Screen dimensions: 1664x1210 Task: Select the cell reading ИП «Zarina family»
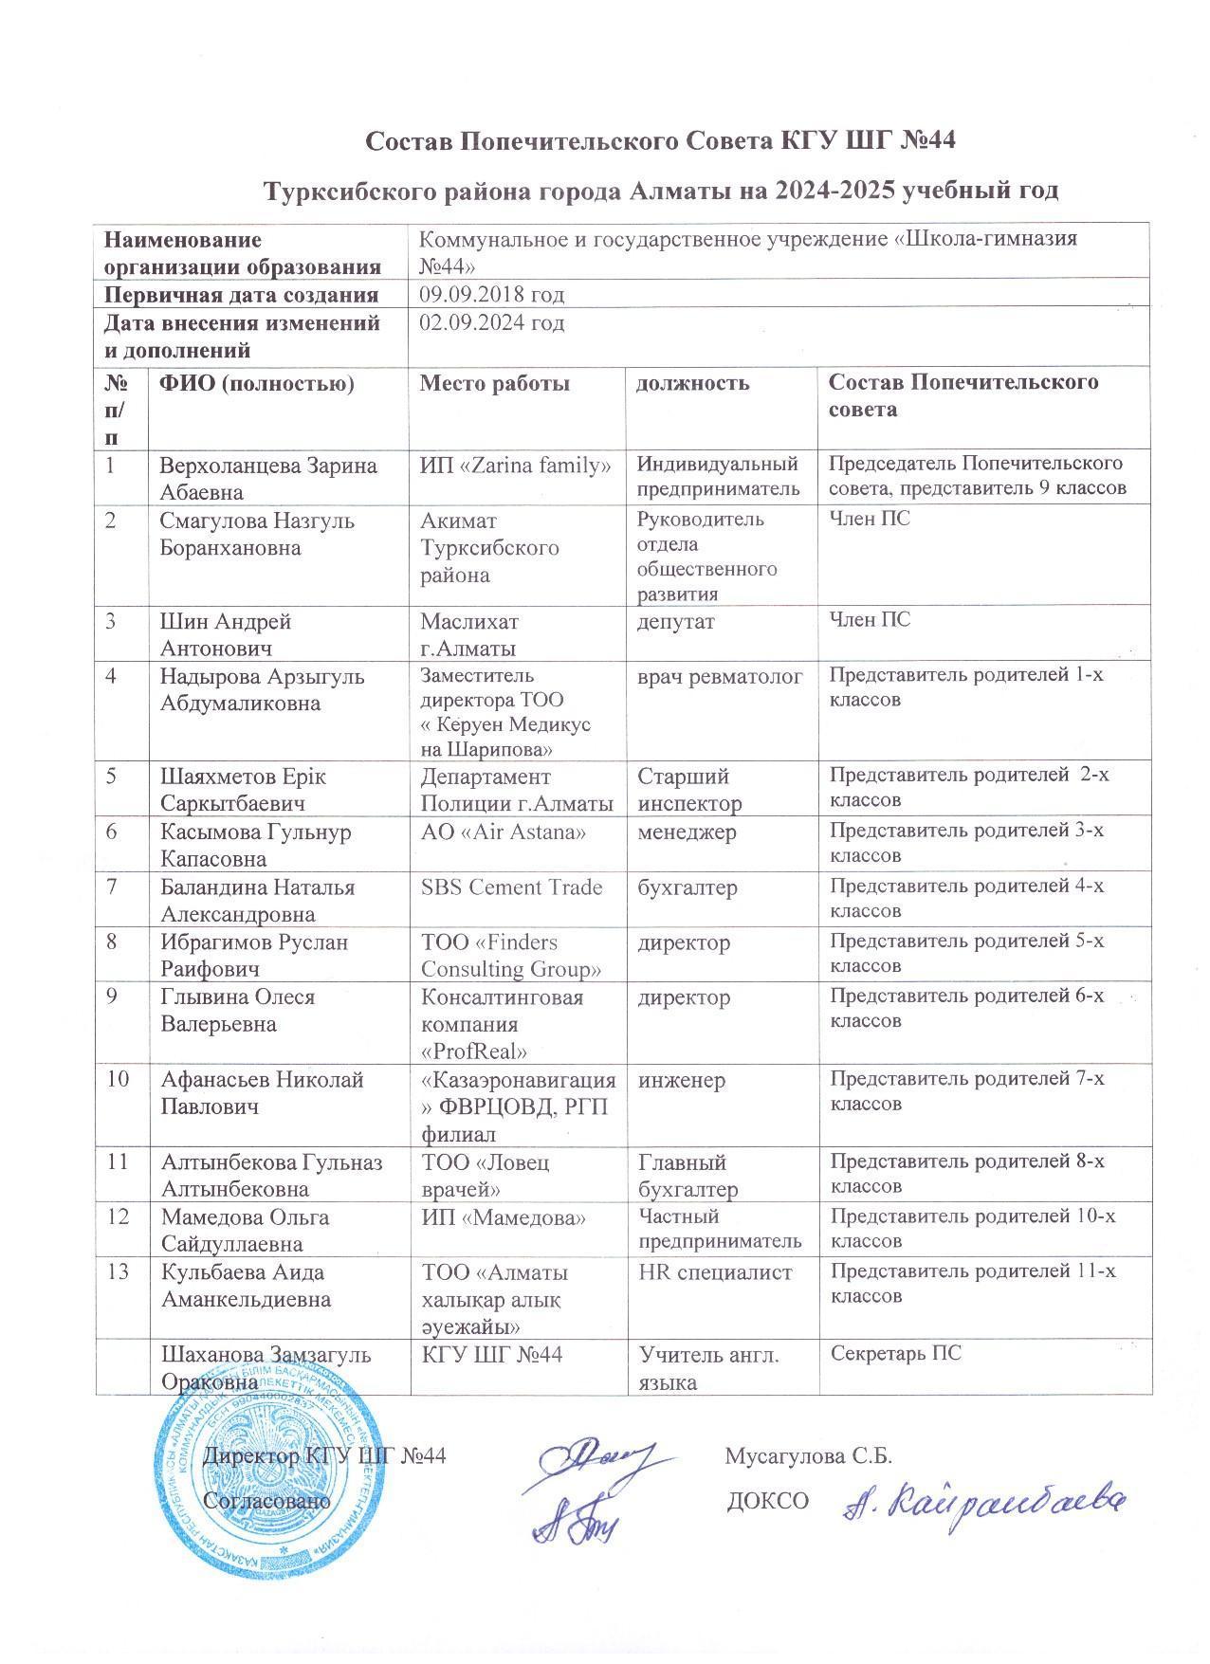point(515,466)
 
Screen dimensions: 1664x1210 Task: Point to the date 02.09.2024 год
point(492,323)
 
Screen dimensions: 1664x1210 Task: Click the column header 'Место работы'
point(495,383)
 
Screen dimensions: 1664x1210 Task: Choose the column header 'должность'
point(692,383)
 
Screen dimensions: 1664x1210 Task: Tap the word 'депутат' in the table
point(676,621)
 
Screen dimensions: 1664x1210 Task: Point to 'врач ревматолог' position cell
point(721,677)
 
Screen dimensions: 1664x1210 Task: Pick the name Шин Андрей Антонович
point(226,634)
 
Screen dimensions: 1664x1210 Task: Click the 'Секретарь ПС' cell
point(895,1353)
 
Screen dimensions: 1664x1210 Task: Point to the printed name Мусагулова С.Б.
point(808,1455)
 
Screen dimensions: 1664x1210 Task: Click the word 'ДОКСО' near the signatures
point(767,1501)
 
